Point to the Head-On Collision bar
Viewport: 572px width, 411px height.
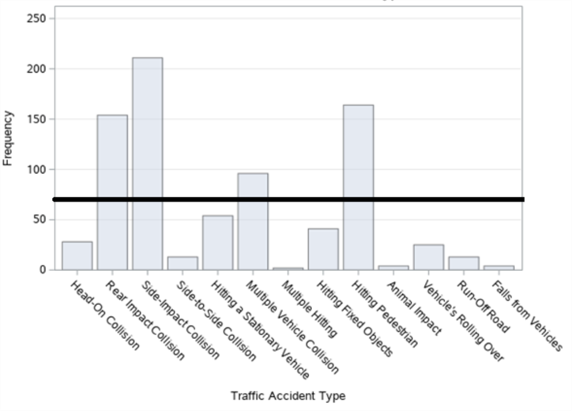point(77,255)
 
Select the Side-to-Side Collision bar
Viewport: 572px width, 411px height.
point(183,262)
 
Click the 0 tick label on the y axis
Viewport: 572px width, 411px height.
point(43,270)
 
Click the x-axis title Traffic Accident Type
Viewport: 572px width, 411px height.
point(288,395)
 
